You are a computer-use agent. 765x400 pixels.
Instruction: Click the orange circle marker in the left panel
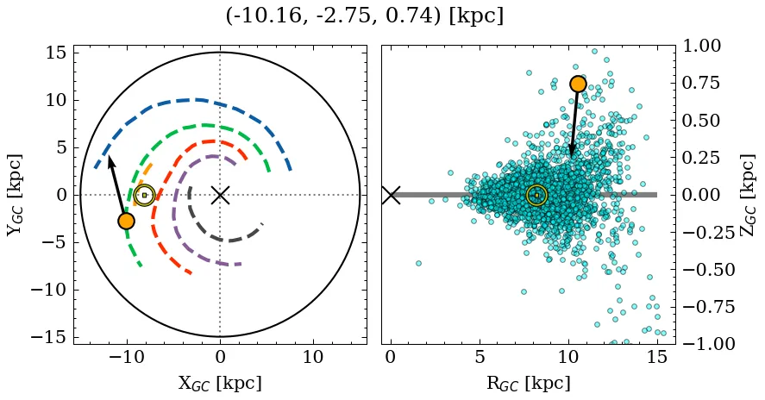click(127, 221)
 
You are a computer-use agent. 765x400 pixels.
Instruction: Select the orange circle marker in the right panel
click(578, 84)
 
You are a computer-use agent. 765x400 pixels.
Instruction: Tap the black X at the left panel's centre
click(220, 195)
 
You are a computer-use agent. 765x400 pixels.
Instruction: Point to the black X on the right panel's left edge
click(391, 195)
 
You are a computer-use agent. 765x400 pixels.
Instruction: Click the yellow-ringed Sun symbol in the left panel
click(144, 195)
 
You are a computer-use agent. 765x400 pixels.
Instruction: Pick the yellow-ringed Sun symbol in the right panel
click(536, 196)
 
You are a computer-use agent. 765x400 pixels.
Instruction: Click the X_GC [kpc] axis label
click(220, 384)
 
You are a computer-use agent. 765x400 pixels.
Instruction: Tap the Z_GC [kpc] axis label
click(748, 195)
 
